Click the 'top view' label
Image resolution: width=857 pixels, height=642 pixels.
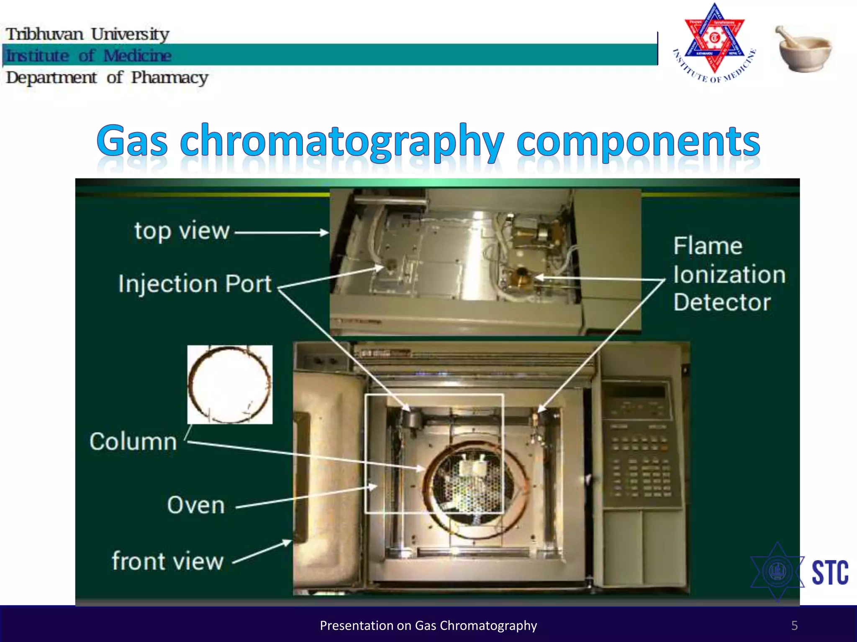click(x=182, y=231)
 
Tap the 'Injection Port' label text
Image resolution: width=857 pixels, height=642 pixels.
click(x=195, y=284)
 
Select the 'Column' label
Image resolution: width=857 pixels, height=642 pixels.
click(x=133, y=442)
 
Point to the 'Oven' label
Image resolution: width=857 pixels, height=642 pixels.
click(x=196, y=505)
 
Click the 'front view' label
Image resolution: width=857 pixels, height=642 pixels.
click(x=167, y=561)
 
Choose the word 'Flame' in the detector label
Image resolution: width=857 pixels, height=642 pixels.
click(x=708, y=246)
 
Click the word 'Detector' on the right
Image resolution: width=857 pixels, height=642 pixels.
click(x=722, y=302)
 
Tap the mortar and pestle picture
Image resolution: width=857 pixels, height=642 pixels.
click(x=804, y=49)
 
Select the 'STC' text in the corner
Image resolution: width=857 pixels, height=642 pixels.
click(x=830, y=573)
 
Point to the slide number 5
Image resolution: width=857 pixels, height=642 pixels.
click(x=794, y=625)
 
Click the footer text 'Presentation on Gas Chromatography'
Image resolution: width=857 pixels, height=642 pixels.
click(x=428, y=625)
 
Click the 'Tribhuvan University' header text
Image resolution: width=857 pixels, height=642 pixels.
click(x=87, y=34)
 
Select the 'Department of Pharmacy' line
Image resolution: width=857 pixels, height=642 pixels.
click(x=107, y=78)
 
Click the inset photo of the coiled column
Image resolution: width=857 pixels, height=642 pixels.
click(x=230, y=385)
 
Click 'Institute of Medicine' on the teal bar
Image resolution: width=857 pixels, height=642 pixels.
click(x=89, y=56)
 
